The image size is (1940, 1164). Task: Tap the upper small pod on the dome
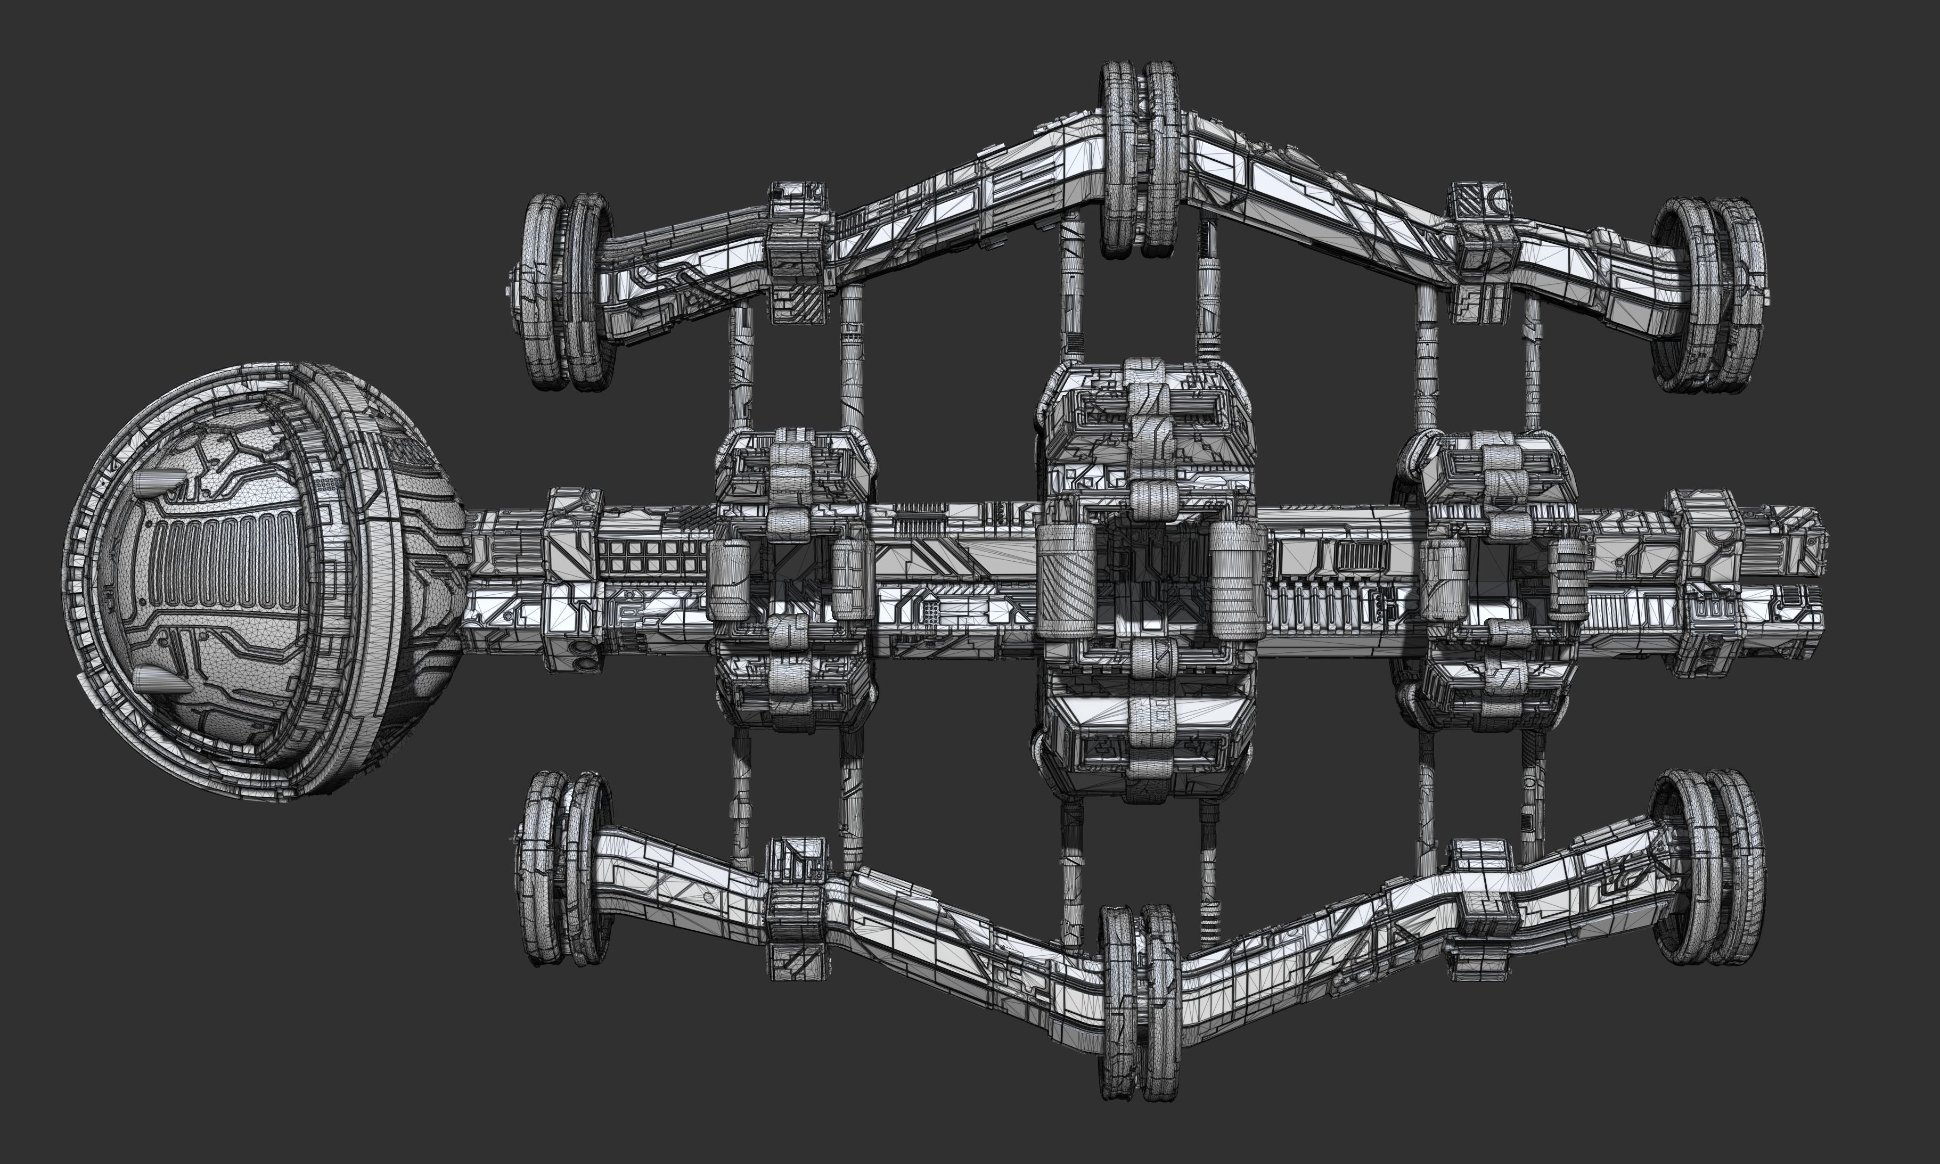(160, 481)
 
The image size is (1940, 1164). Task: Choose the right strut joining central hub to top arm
(1208, 290)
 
